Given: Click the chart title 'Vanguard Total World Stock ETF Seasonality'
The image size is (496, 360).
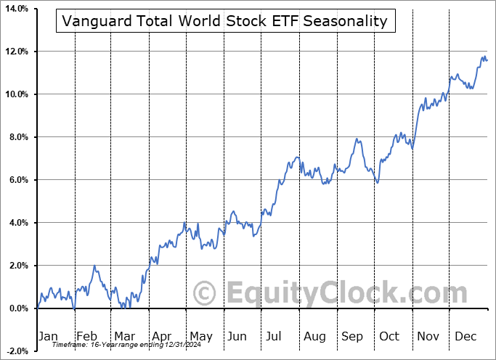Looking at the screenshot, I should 224,21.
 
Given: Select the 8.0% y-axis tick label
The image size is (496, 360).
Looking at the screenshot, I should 18,137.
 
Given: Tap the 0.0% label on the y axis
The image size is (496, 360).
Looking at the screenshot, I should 18,308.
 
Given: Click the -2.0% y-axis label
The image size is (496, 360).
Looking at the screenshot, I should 17,351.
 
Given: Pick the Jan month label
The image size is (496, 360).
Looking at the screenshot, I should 48,336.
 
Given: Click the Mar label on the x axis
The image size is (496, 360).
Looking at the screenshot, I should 123,336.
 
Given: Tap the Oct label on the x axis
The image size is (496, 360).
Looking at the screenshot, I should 389,336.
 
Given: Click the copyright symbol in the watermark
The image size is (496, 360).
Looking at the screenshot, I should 205,294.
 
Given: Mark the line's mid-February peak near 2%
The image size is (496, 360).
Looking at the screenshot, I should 94,266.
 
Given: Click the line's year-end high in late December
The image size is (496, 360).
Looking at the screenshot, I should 483,57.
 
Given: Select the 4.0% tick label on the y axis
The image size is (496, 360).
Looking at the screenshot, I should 18,223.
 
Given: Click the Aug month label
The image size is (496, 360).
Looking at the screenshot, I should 314,336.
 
